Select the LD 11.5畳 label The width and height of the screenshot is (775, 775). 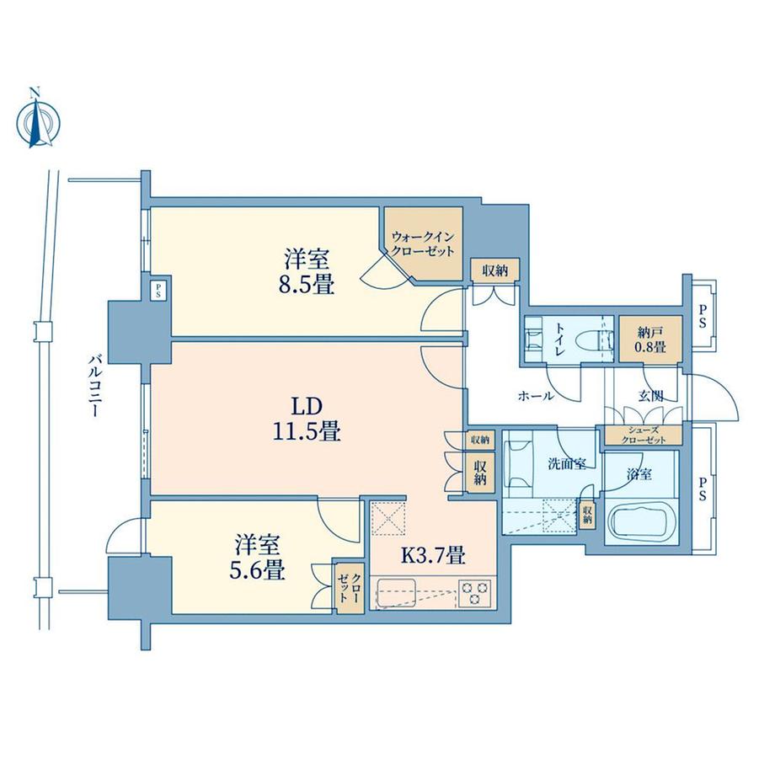tap(307, 420)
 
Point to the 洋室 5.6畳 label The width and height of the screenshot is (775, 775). tap(257, 557)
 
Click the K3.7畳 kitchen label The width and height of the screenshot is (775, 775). tap(432, 555)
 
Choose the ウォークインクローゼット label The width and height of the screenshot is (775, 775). tap(423, 244)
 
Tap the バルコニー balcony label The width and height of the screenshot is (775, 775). tap(94, 386)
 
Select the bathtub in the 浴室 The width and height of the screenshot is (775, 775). tap(641, 522)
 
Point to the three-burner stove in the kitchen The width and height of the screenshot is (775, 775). tap(475, 592)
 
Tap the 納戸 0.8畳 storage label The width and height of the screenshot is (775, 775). tap(650, 340)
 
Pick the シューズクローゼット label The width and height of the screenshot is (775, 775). tap(644, 435)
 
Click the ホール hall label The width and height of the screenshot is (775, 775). tap(536, 396)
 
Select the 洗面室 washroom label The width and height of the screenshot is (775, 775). tap(567, 464)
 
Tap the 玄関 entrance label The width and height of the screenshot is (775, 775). tap(650, 395)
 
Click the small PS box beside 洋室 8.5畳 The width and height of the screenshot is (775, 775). tap(158, 290)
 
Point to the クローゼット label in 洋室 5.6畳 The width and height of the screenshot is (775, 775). tap(350, 589)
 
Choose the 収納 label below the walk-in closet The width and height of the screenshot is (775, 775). tap(494, 270)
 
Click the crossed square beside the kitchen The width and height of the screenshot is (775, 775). tap(389, 518)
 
